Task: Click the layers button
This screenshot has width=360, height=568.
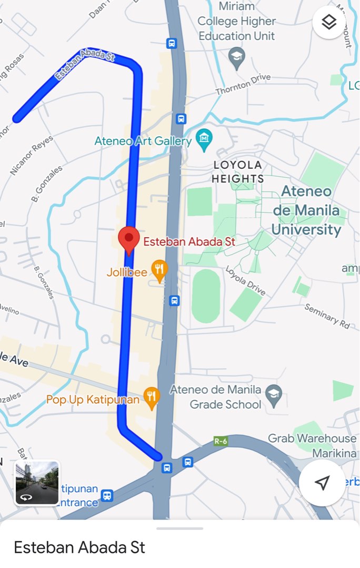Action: (329, 22)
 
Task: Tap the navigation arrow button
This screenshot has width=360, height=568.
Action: (322, 483)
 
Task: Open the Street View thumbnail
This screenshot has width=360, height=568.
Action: (37, 483)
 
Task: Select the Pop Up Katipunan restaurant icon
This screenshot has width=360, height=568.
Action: (152, 398)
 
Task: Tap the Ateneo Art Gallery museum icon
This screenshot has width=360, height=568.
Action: (204, 139)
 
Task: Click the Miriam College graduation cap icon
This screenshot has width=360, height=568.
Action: (237, 57)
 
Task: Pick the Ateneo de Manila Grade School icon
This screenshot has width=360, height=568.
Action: (274, 395)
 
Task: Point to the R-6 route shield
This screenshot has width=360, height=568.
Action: (221, 441)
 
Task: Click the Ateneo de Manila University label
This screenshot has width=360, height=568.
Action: (306, 210)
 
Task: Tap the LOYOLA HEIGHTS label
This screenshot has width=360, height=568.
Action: (238, 172)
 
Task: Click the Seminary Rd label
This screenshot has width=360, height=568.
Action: (327, 317)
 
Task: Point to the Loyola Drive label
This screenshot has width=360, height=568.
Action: (245, 280)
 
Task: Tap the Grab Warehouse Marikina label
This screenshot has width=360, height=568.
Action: (312, 445)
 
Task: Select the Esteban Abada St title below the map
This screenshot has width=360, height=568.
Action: (79, 547)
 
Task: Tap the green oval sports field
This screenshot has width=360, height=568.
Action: (206, 296)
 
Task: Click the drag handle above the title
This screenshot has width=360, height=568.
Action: (179, 528)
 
